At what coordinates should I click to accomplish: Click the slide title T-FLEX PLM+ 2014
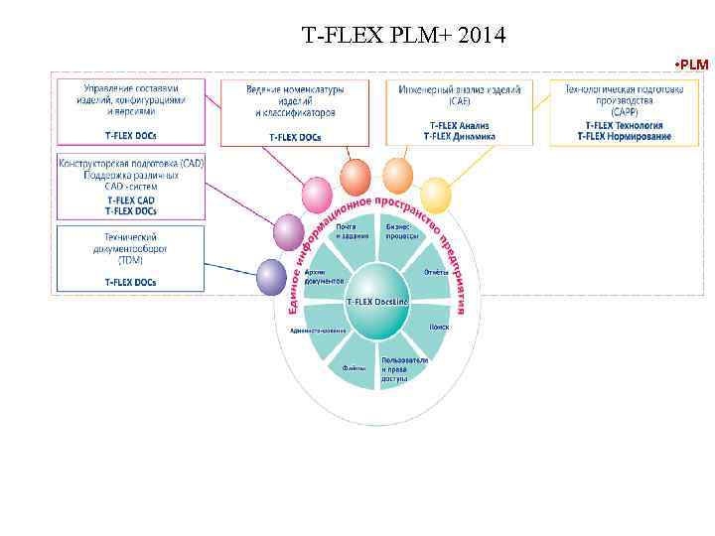[403, 37]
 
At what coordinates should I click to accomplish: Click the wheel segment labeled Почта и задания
[347, 231]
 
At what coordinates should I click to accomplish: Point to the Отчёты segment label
[436, 272]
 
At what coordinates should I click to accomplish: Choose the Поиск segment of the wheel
[439, 326]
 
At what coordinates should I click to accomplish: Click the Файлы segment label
[355, 367]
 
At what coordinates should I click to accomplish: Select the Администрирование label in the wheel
[318, 330]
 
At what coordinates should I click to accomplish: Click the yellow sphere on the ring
[435, 194]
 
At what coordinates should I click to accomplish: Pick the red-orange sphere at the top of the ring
[355, 177]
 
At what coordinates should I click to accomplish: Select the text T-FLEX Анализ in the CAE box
[459, 125]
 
